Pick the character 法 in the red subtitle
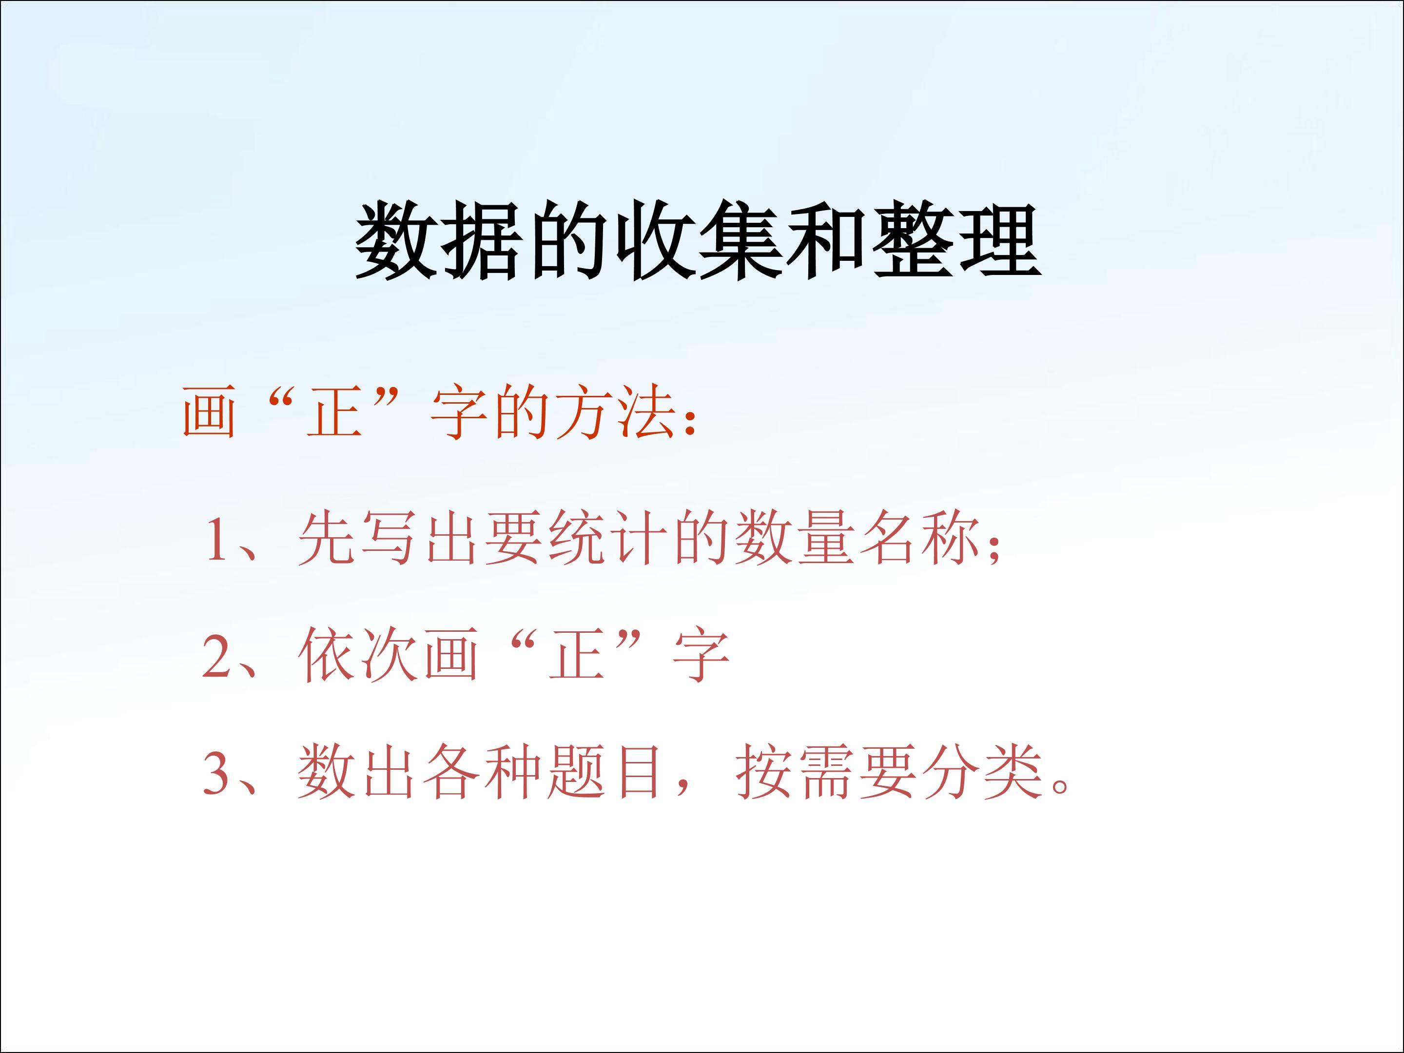(646, 413)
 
